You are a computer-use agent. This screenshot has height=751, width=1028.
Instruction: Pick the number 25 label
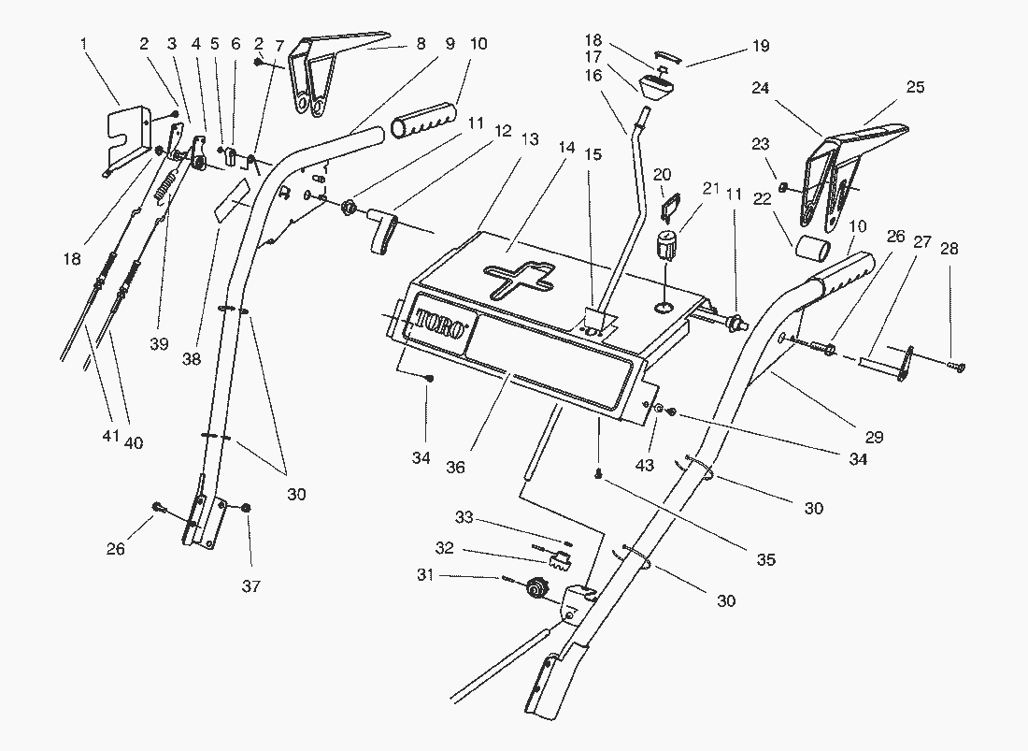click(915, 87)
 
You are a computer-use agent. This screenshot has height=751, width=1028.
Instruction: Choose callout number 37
click(250, 586)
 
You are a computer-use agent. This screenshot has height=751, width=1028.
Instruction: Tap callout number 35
click(765, 560)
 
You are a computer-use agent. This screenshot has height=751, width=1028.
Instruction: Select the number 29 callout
click(874, 437)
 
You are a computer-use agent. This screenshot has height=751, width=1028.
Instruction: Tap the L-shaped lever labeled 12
click(383, 230)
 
